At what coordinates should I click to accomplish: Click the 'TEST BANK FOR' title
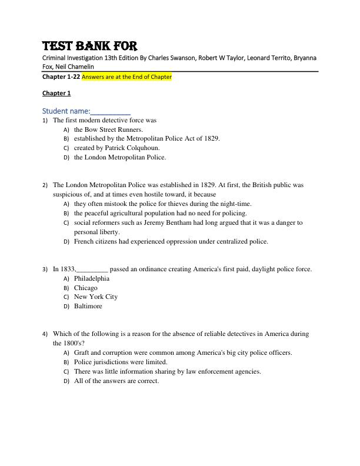(x=89, y=46)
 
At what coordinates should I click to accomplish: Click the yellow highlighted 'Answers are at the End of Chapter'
(x=126, y=76)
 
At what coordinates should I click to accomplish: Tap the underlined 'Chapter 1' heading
(x=56, y=93)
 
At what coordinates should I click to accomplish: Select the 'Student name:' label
(x=66, y=111)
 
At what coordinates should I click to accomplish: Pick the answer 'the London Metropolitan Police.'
(x=120, y=157)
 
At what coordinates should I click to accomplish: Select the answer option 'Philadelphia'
(x=92, y=278)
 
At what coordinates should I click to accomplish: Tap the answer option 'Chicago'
(x=86, y=288)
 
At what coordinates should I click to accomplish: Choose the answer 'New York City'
(x=96, y=297)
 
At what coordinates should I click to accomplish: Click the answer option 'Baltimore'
(x=88, y=306)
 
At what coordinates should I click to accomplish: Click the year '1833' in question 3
(x=68, y=269)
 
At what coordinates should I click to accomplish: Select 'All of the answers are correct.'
(x=116, y=381)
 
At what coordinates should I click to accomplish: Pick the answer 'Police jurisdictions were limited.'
(x=121, y=362)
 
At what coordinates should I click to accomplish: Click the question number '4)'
(x=45, y=334)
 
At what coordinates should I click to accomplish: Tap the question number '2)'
(x=45, y=185)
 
